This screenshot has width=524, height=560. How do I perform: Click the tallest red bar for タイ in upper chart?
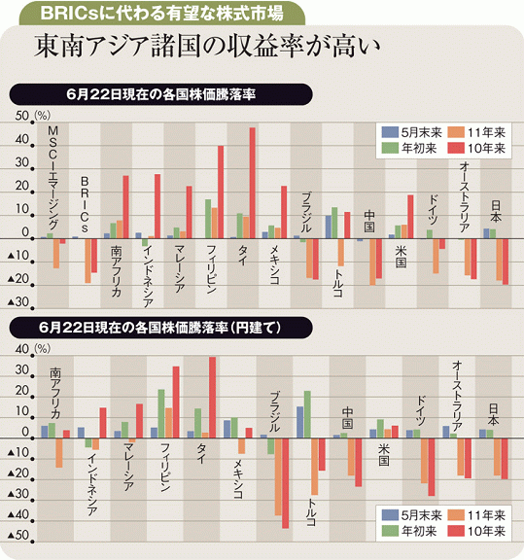point(252,183)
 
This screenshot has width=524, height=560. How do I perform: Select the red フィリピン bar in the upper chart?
point(221,192)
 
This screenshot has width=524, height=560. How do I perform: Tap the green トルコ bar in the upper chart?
point(334,223)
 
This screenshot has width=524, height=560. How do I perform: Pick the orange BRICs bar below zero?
point(87,261)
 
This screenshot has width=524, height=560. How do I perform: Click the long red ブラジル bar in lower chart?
point(285,483)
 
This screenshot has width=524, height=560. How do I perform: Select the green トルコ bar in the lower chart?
point(307,414)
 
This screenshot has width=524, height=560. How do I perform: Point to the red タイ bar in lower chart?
point(212,397)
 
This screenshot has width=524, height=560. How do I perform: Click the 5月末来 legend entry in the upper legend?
point(411,132)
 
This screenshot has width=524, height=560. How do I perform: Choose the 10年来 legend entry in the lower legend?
point(476,531)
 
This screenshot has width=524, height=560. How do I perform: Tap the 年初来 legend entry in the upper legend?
point(409,148)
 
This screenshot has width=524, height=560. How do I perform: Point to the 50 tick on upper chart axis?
point(21,116)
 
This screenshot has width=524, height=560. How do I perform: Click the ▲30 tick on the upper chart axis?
point(18,301)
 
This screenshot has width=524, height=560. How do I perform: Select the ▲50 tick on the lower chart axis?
point(18,535)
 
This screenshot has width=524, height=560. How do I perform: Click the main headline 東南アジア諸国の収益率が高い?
point(207,47)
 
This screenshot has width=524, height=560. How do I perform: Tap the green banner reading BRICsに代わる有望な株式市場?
point(162,14)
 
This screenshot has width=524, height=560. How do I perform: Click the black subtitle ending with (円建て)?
point(160,328)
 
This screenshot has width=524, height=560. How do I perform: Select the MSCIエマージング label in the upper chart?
point(52,178)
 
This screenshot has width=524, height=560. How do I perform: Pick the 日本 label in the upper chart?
point(496,211)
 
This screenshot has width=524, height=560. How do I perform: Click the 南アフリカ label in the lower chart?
point(55,393)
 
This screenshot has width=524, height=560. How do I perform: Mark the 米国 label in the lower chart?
point(384,455)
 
